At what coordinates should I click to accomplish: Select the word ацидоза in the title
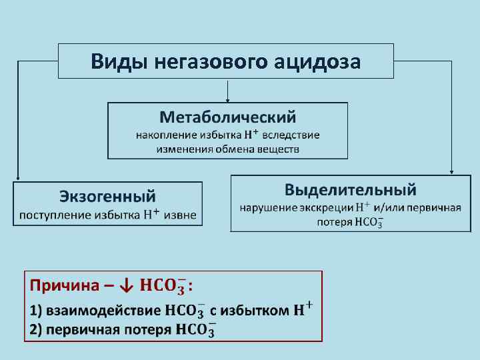tap(318, 62)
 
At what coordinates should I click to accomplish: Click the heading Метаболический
tap(228, 118)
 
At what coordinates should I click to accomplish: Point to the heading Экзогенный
tap(107, 196)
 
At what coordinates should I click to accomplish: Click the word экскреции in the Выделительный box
tap(327, 207)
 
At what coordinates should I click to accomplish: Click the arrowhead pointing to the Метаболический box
tap(228, 100)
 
